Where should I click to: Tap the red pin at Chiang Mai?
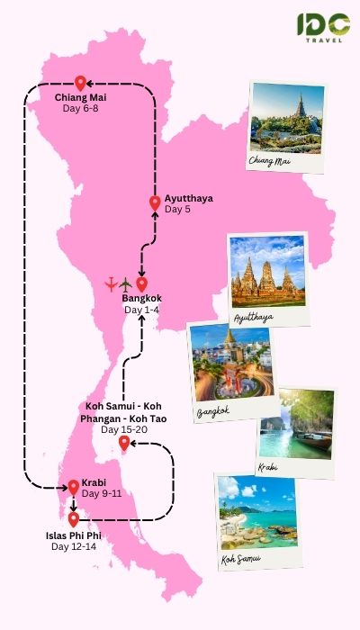point(79,82)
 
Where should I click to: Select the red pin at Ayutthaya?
point(154,203)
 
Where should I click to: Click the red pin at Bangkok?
point(141,284)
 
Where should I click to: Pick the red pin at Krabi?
point(73,487)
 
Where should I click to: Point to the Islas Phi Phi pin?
point(73,518)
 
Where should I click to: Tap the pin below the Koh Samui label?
point(123,443)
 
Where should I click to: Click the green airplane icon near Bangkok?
point(125,285)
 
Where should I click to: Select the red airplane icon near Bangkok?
point(111,285)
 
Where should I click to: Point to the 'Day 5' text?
point(177,210)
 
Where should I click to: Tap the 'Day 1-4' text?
point(141,310)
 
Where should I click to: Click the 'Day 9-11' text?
point(101,493)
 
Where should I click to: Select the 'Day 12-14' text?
point(72,546)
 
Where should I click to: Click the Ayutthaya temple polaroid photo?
point(267,274)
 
